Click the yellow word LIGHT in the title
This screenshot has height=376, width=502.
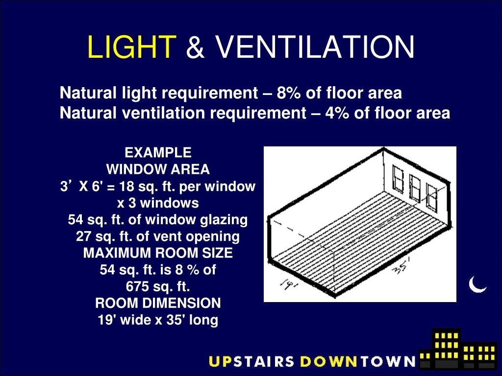pos(131,47)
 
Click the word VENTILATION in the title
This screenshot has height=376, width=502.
pos(314,47)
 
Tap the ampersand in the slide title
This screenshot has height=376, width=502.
pos(196,47)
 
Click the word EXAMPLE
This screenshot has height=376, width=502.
pos(158,152)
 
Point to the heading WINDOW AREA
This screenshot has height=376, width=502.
pos(158,169)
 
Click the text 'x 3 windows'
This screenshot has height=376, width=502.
pos(158,203)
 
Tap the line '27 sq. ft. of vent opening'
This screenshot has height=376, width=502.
pos(158,236)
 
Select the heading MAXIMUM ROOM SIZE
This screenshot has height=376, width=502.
pos(158,253)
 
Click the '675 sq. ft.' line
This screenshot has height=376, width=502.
pos(158,286)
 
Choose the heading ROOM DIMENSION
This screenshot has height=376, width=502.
pos(158,303)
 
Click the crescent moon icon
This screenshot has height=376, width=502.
pos(477,284)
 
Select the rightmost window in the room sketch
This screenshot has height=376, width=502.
pos(432,196)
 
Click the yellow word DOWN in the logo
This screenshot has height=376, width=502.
pos(328,361)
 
